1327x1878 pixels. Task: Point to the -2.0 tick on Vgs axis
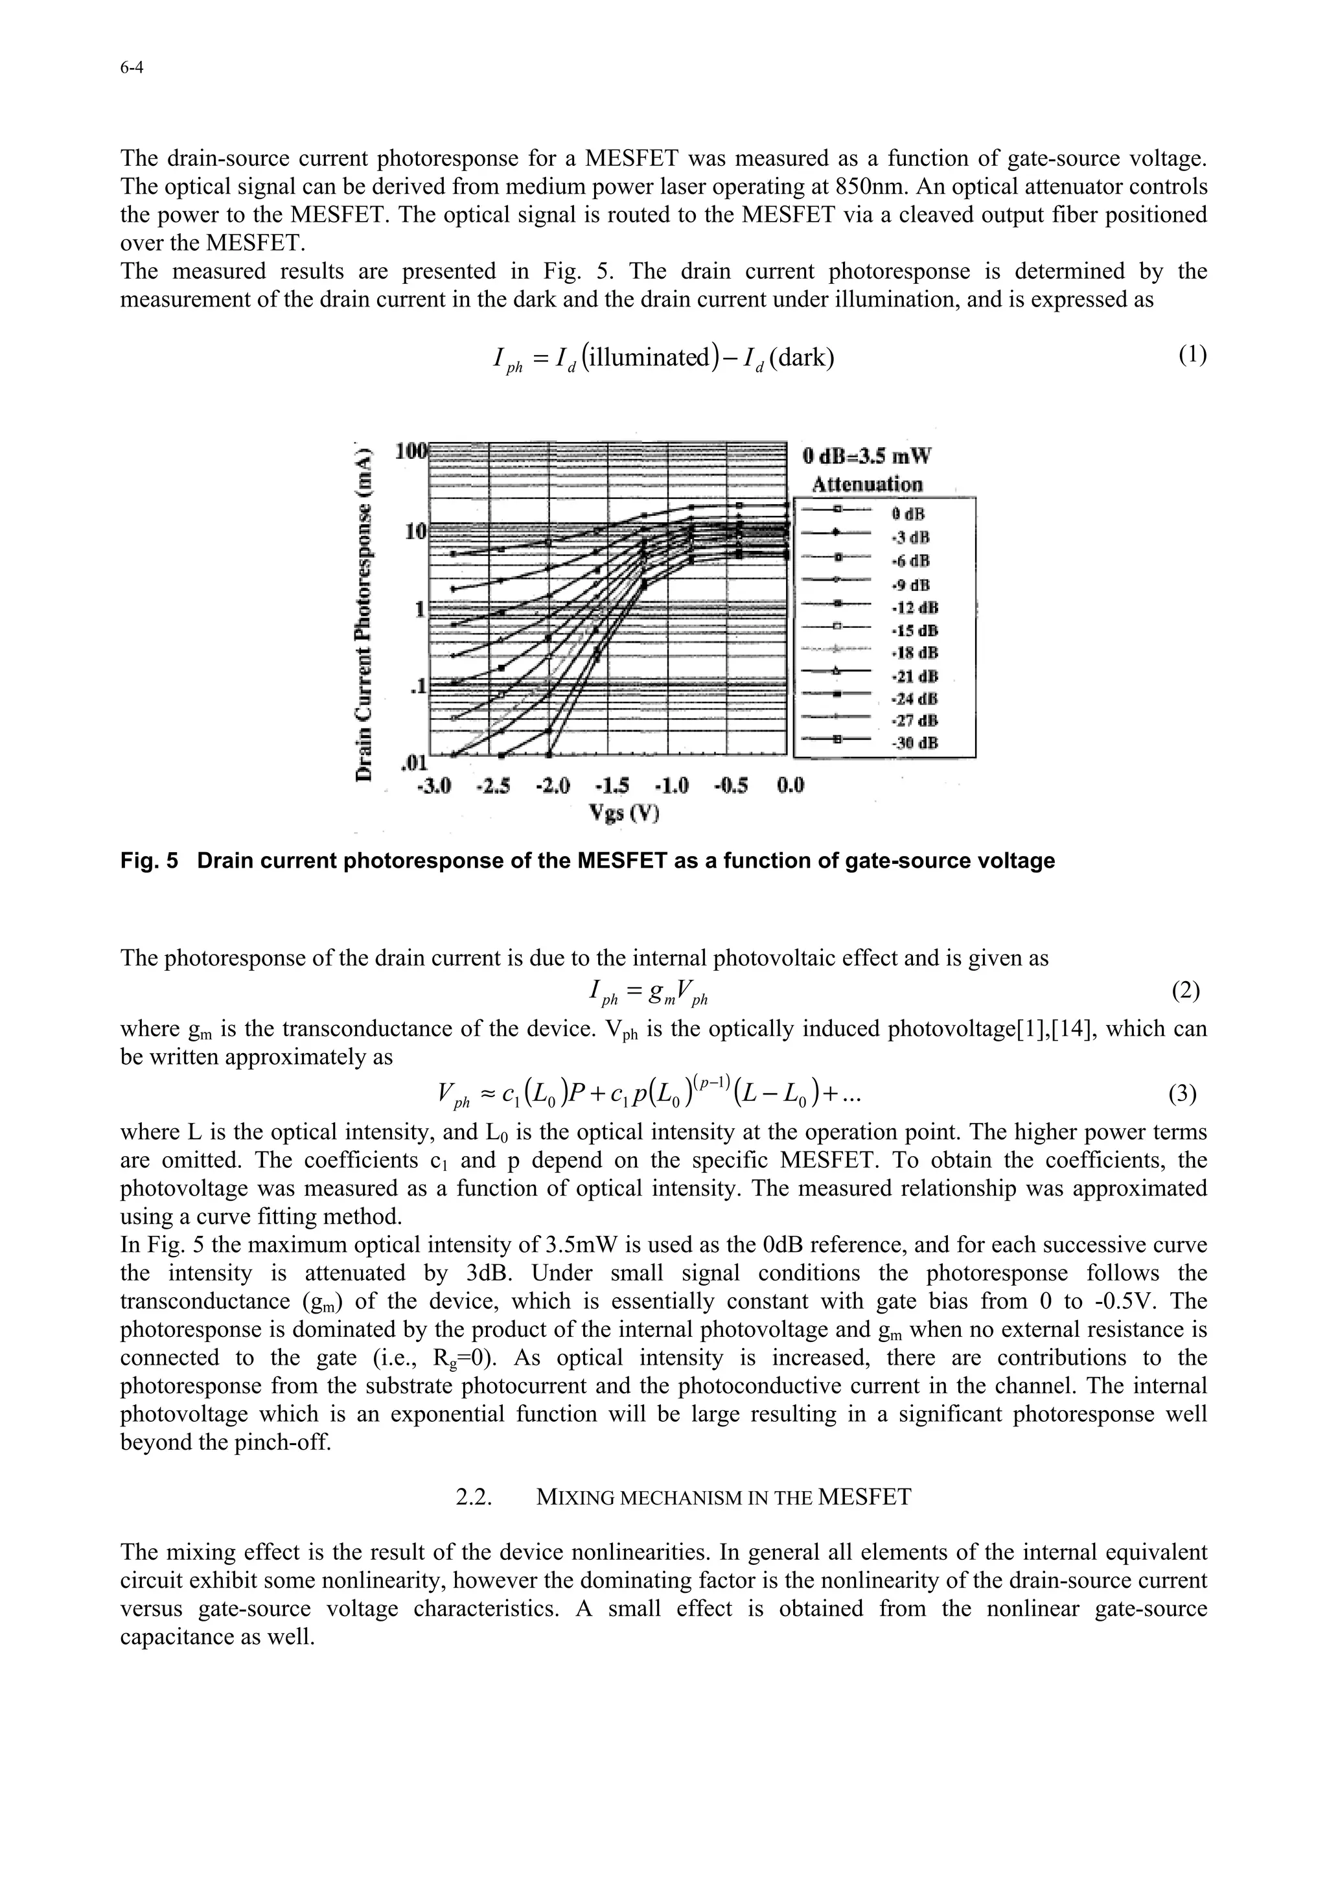point(553,786)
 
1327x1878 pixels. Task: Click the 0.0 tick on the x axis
point(790,786)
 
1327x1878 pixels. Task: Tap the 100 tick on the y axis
point(410,452)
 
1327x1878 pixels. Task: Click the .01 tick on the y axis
point(413,763)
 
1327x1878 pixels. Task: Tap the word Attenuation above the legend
point(867,484)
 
